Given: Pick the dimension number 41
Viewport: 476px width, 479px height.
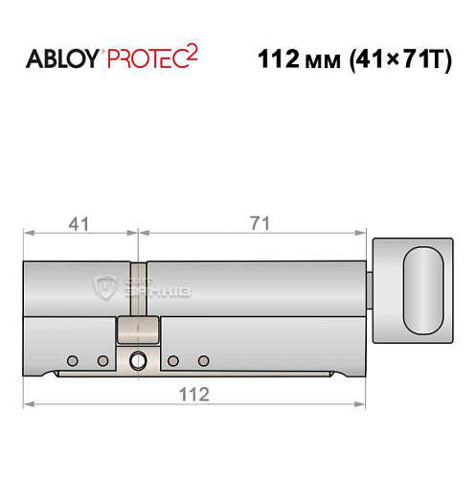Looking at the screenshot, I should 79,223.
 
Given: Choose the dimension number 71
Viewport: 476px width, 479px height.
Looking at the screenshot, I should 258,223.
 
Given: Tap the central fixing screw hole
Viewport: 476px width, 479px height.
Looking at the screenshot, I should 136,361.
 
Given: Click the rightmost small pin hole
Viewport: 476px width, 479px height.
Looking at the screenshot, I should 203,360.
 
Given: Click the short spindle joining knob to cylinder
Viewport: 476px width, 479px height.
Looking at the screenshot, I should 371,288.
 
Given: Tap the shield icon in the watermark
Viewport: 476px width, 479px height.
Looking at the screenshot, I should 105,285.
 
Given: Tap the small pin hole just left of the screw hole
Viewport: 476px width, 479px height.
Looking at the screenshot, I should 102,360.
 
